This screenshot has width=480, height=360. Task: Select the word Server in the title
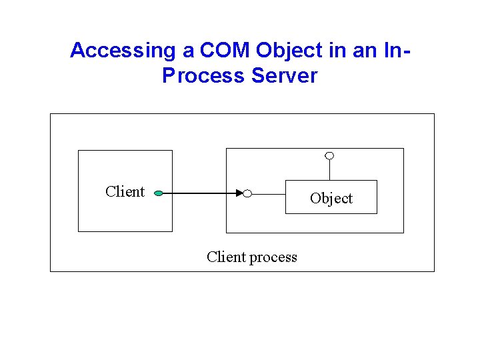tap(285, 75)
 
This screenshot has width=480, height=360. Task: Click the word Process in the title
tap(203, 75)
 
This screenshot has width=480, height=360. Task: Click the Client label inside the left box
tap(125, 192)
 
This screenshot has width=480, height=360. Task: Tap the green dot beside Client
tap(158, 194)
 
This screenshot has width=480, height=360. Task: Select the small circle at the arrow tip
tap(247, 194)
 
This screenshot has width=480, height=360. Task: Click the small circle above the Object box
tap(329, 156)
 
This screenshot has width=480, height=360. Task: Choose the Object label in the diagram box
tap(331, 198)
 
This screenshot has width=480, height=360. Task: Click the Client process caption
tap(252, 257)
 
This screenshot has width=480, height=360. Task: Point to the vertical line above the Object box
tap(329, 170)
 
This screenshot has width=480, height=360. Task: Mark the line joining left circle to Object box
tap(269, 194)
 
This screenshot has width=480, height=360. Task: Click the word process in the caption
tap(273, 257)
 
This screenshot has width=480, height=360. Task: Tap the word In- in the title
tap(393, 50)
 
